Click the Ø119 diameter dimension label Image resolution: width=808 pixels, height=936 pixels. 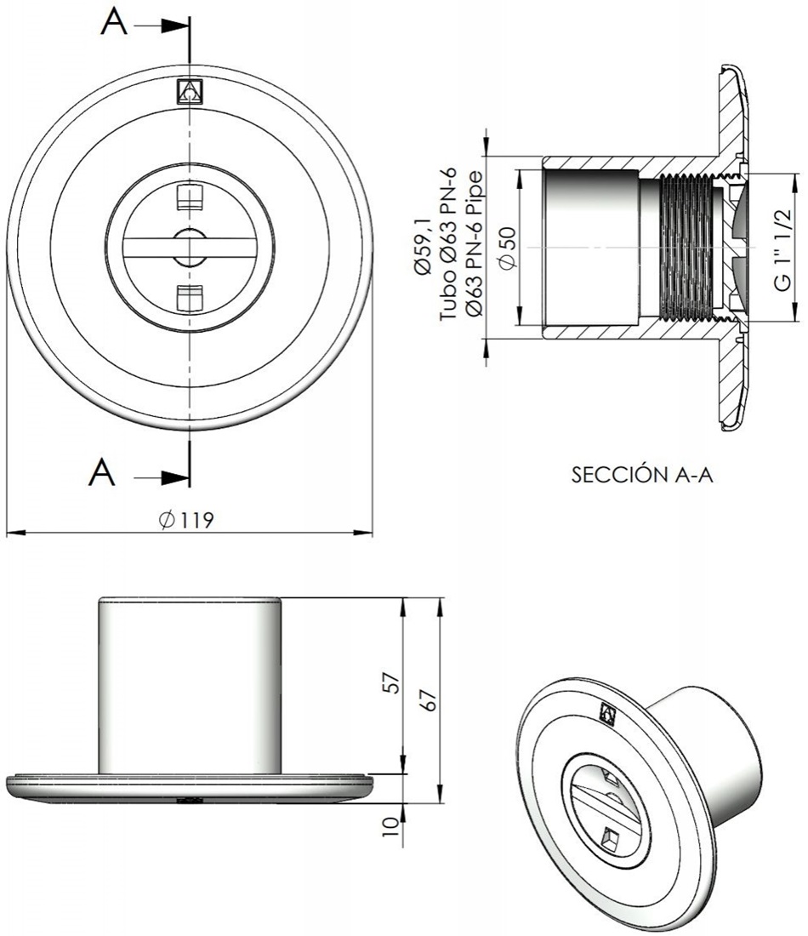pos(185,520)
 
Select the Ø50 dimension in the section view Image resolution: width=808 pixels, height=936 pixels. pos(508,247)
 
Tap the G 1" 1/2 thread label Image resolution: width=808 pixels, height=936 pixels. pos(783,247)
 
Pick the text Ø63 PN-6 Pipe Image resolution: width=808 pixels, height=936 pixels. pos(475,247)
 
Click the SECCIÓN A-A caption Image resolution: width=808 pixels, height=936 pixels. pos(641,475)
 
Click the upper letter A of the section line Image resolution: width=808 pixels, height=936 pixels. pos(114,25)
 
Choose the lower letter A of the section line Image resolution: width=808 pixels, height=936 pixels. pos(103,470)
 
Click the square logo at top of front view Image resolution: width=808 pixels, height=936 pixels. pos(188,91)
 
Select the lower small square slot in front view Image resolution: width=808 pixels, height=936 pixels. pos(188,296)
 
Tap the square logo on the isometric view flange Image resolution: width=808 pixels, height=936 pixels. pos(607,712)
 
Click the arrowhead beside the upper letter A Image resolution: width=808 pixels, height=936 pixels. pos(175,26)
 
